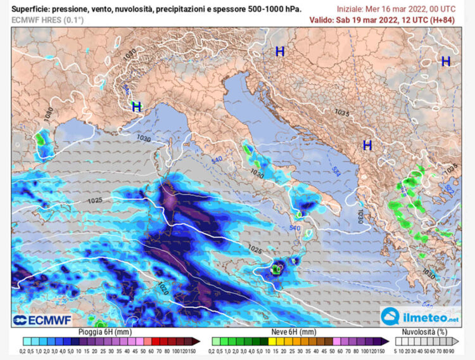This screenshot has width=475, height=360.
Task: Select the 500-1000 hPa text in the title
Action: (x=279, y=10)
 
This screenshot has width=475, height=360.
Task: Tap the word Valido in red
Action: (x=322, y=20)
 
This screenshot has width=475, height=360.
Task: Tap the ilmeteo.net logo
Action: (x=421, y=315)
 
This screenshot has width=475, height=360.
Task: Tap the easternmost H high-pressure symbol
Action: (x=446, y=61)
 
